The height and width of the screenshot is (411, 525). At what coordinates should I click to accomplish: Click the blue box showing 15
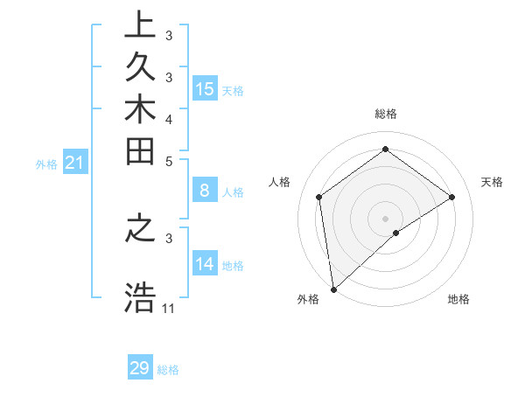205,88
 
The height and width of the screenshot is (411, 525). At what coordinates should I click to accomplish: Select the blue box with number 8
205,190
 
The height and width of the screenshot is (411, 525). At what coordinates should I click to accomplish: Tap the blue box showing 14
205,263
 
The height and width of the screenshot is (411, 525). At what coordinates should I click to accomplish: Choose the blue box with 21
75,162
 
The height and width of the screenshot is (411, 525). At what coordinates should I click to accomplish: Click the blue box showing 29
140,368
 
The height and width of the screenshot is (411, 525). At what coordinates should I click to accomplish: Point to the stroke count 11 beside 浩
169,309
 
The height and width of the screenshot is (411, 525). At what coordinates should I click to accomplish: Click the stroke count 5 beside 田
169,161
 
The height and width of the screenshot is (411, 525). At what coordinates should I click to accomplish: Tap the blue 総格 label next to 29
169,370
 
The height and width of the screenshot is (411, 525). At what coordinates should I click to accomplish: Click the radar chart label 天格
492,182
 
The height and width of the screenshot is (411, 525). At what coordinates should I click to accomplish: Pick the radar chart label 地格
458,299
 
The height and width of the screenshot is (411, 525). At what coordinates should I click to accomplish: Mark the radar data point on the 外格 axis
333,289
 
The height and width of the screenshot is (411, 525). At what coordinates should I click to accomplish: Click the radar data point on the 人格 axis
319,197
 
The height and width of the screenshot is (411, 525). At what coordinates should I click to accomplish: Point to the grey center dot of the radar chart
385,218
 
